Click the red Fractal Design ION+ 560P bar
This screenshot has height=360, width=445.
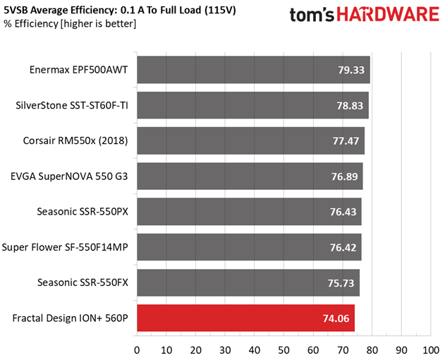(245, 318)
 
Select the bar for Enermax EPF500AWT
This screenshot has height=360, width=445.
(253, 70)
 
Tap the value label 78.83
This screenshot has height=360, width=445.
(350, 106)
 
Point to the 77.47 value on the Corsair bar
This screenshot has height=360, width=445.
(346, 141)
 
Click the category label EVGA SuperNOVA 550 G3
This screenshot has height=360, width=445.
(69, 176)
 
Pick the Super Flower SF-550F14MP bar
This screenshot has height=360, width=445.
(249, 247)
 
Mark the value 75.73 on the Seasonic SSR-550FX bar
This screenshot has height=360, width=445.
(341, 283)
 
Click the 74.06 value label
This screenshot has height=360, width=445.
(336, 318)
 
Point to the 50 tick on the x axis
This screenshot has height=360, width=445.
(284, 350)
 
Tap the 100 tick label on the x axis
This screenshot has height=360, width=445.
(431, 350)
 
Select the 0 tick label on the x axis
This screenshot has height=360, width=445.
(137, 350)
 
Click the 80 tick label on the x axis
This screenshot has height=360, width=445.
(372, 350)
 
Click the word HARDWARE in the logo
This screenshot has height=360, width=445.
(388, 14)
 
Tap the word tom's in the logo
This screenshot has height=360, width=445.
(312, 15)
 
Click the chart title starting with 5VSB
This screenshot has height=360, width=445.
(120, 10)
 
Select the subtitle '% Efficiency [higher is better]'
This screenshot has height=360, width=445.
(70, 23)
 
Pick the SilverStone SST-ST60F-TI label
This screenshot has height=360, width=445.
(72, 106)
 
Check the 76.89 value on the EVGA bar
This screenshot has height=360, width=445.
(345, 176)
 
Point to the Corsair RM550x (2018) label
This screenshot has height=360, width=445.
(75, 141)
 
